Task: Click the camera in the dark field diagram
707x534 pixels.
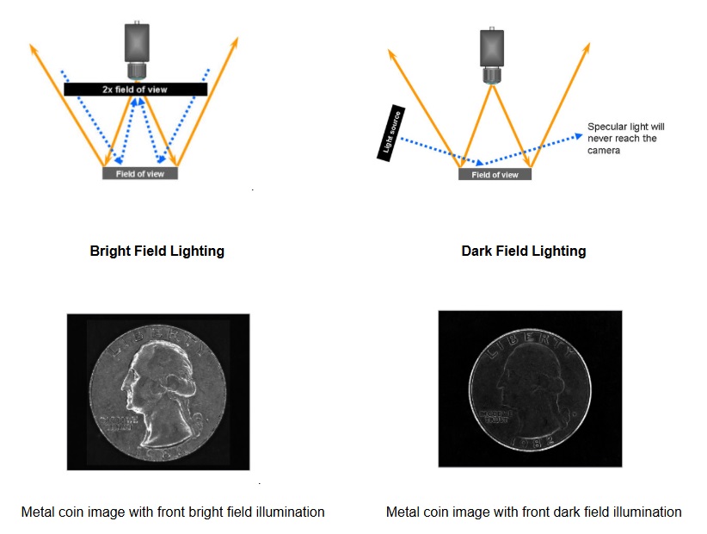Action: [x=491, y=47]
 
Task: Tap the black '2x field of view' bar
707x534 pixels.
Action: [x=136, y=89]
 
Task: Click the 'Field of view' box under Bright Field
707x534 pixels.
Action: [x=140, y=173]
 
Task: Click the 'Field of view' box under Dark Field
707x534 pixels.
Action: [x=495, y=174]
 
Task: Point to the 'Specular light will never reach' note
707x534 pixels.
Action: [x=625, y=138]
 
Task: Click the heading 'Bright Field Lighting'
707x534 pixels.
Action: [x=157, y=251]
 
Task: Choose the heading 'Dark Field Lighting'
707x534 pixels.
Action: [x=523, y=251]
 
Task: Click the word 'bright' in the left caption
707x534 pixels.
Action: [x=194, y=512]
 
